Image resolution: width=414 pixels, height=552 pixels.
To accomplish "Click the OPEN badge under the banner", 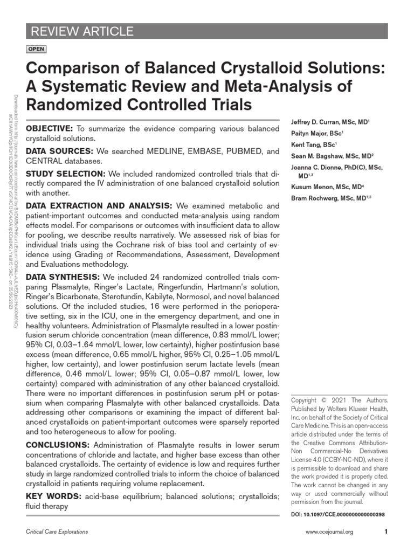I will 36,50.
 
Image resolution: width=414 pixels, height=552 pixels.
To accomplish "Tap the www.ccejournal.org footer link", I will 329,532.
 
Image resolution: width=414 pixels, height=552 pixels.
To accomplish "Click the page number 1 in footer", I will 386,532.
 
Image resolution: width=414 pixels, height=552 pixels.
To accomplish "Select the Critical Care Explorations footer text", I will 57,532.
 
